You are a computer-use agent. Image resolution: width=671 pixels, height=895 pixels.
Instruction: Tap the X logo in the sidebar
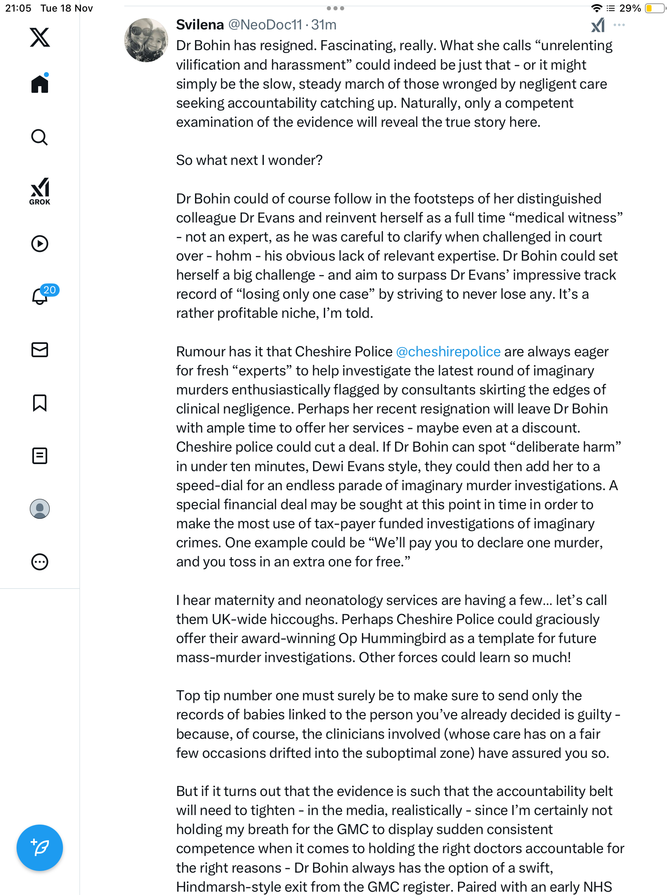point(40,37)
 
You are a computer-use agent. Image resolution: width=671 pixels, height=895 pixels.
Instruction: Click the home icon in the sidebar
point(40,84)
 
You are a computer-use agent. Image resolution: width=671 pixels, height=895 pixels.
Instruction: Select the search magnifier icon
point(40,137)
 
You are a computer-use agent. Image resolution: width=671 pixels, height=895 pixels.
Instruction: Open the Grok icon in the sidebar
point(40,191)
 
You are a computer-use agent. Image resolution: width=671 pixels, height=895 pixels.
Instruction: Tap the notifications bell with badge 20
point(40,296)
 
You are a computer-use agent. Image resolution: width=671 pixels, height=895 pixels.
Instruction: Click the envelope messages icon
point(40,350)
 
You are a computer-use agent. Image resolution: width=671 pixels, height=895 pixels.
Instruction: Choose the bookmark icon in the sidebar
point(40,403)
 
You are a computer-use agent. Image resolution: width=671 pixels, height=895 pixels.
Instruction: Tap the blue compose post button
point(40,848)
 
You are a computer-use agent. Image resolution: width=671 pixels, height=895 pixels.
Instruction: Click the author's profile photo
point(146,40)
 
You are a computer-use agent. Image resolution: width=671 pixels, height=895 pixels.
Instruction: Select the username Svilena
point(200,25)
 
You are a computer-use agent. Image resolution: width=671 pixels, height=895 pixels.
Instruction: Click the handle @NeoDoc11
point(265,25)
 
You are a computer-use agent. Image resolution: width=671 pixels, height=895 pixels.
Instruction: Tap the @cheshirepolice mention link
point(448,352)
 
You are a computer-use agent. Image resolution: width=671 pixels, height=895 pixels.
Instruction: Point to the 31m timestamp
point(324,25)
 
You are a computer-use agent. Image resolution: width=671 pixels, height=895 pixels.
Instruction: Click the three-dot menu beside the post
point(619,25)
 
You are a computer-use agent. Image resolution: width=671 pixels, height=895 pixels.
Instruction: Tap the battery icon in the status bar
point(655,8)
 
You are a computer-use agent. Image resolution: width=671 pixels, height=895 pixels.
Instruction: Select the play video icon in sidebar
point(40,244)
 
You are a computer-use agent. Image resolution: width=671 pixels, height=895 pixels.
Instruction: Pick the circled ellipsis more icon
point(40,562)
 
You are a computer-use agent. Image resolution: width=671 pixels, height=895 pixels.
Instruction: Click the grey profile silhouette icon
point(40,509)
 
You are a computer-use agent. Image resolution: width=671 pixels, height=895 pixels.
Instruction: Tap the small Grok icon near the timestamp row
point(598,25)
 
